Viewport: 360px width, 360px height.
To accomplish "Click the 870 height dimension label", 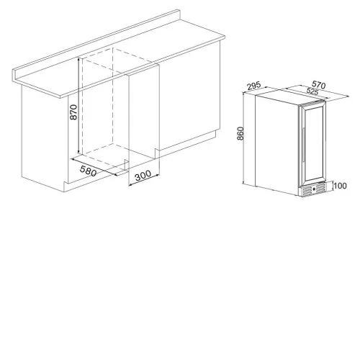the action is (73, 112).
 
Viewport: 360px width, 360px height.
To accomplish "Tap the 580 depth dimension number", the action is (88, 171).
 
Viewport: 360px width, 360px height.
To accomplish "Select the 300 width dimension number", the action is (143, 176).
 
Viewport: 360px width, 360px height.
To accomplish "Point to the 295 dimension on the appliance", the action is (254, 86).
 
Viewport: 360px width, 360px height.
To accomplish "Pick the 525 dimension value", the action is (312, 91).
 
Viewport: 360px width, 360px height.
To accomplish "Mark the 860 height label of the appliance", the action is (240, 133).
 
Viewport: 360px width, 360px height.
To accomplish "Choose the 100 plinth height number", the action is (341, 186).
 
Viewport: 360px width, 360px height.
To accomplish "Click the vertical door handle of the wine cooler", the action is (303, 145).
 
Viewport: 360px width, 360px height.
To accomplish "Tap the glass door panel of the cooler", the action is (315, 143).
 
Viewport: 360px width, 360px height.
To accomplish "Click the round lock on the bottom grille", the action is (314, 189).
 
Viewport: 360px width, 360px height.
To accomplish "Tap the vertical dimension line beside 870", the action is (78, 105).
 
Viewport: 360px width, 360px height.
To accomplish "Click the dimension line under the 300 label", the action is (144, 180).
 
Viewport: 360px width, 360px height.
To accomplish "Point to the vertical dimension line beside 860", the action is (243, 139).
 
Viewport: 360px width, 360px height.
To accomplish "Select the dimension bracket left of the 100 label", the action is (333, 186).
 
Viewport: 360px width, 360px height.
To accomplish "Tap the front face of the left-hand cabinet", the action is (45, 135).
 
